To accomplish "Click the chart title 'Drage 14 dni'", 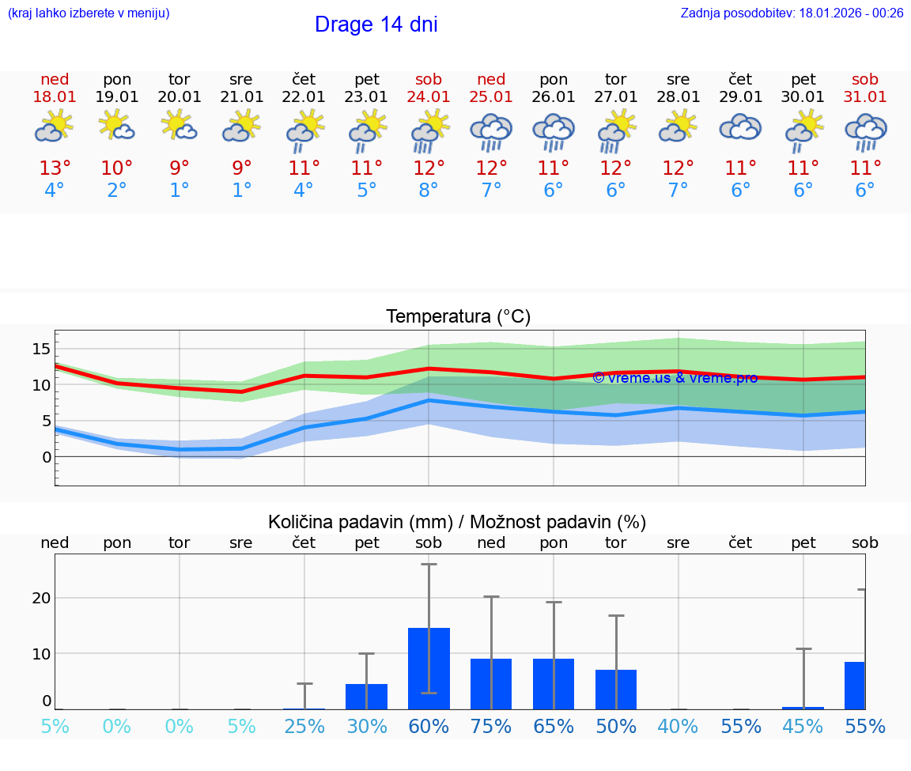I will (376, 25).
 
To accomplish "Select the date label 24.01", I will (429, 96).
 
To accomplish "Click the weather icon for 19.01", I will (117, 127).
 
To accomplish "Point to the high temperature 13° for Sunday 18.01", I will (55, 168).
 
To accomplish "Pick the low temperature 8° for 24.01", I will (429, 191).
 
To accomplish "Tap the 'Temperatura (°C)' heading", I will (458, 317).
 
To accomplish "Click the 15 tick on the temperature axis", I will (41, 349).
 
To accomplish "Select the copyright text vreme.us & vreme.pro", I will (675, 378).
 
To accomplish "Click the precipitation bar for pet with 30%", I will (366, 696).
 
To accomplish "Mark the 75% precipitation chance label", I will (491, 727).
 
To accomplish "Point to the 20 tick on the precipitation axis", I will (41, 598).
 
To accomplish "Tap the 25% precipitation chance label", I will (304, 727).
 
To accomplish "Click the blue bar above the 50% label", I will (615, 689).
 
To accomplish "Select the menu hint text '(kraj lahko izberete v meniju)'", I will (88, 13).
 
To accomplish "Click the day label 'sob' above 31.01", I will (864, 79).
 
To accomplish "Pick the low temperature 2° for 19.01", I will (117, 191).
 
